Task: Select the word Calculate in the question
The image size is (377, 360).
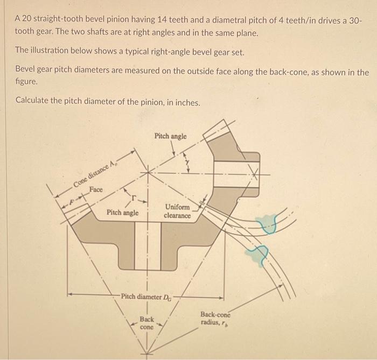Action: point(34,100)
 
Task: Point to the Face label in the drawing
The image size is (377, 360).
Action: point(97,189)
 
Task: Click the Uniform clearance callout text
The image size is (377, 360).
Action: point(177,211)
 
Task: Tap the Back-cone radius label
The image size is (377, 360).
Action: point(215,318)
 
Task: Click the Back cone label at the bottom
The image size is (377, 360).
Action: point(146,323)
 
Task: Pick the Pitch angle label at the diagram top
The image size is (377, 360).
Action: point(170,136)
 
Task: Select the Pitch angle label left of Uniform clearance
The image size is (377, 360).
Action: point(123,213)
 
